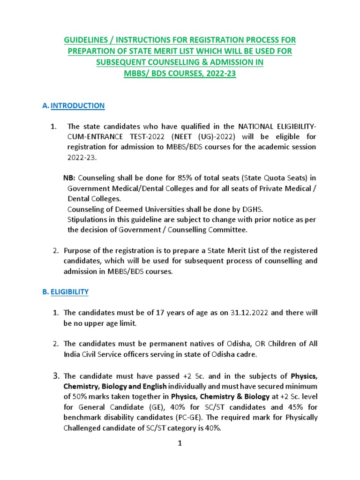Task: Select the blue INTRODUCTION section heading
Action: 77,105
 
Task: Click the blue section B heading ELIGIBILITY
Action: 69,292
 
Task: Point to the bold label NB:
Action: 69,178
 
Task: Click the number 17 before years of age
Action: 158,313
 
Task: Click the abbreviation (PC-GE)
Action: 181,417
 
